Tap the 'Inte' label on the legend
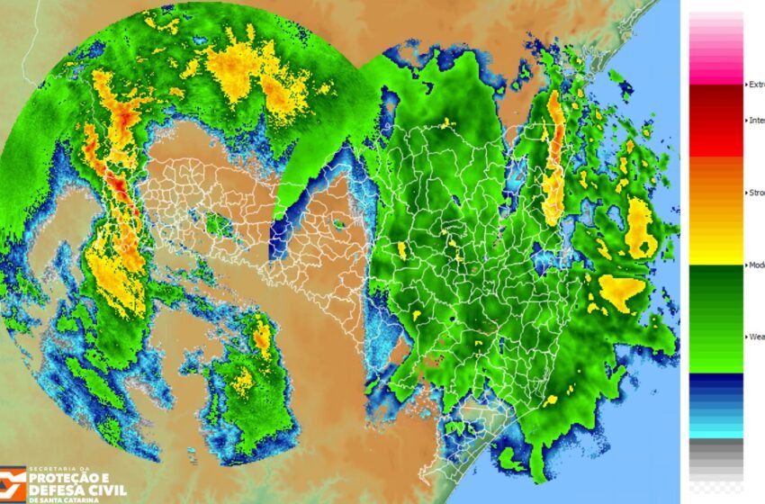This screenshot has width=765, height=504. coord(755,121)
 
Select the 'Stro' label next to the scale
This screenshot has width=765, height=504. coord(755,193)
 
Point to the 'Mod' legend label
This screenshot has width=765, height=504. coord(755,265)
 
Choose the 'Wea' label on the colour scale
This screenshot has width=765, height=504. coord(755,337)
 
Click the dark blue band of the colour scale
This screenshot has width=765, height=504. coord(716,387)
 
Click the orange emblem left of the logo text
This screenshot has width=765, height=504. coord(13,484)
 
